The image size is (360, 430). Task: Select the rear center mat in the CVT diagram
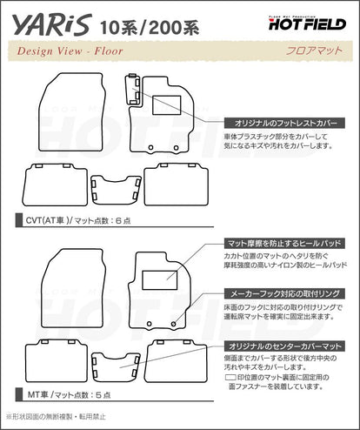coord(114,185)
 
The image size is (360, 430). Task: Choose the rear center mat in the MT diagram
coord(114,366)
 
